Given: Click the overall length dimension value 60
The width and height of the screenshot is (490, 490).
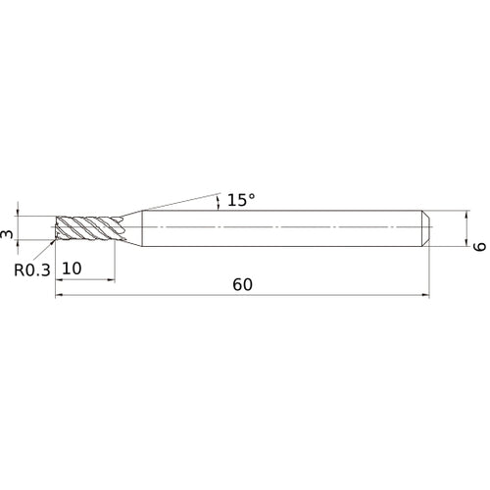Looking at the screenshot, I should (243, 284).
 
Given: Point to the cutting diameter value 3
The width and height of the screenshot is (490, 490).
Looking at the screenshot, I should (8, 233).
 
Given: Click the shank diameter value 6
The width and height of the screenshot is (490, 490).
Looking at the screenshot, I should (478, 246).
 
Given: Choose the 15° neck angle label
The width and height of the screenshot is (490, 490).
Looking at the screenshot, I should (241, 200).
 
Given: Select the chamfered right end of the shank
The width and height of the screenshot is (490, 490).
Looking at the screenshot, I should (426, 227).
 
